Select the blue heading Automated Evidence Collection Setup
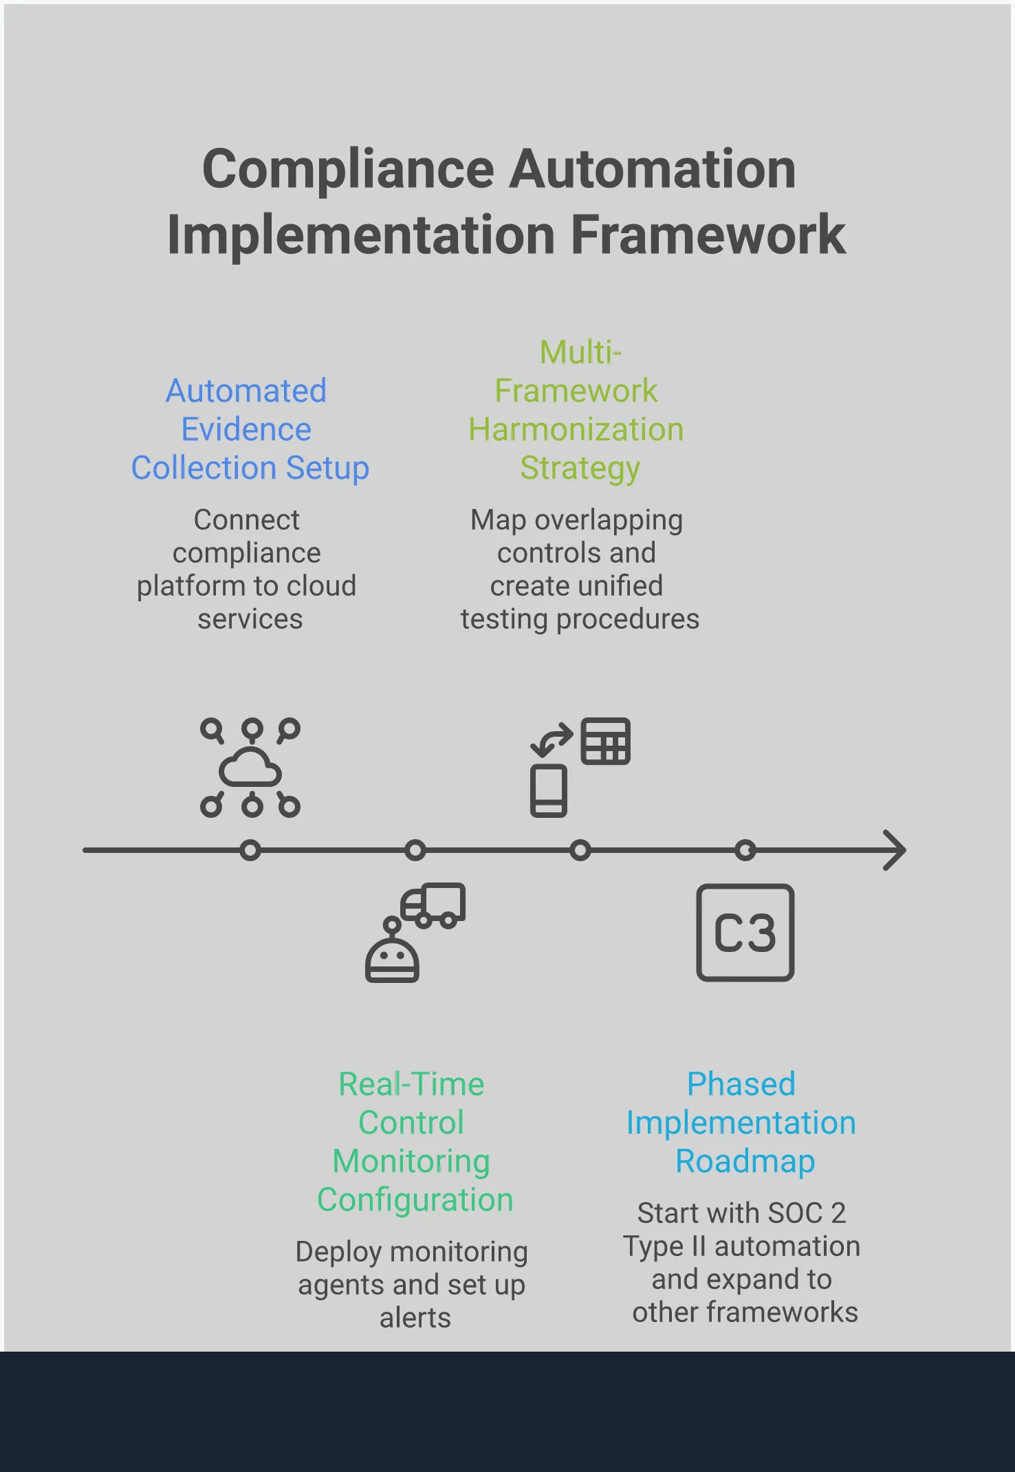(249, 429)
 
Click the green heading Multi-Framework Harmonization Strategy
(577, 411)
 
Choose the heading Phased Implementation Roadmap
(742, 1123)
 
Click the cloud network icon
(250, 768)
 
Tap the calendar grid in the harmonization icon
(605, 742)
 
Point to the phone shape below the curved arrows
(549, 790)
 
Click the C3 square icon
(745, 933)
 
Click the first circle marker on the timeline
(251, 851)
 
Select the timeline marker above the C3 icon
(745, 851)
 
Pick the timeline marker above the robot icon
(415, 851)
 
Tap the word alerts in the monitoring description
(415, 1318)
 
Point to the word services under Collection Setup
(250, 619)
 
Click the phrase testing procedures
(580, 619)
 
